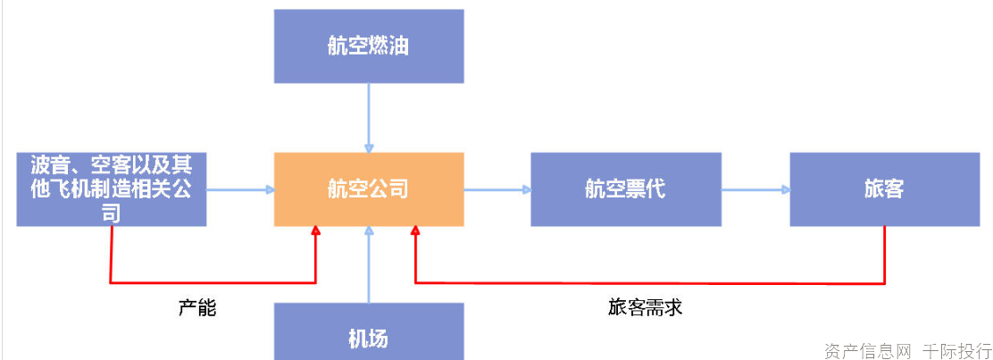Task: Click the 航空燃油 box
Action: [368, 46]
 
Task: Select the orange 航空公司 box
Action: [368, 188]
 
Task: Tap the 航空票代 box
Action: [625, 188]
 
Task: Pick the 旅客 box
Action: [884, 188]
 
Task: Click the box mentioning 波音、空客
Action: [112, 188]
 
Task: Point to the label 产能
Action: [197, 309]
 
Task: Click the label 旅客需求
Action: [645, 308]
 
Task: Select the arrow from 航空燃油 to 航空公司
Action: [368, 116]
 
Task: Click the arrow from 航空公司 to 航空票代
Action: [496, 188]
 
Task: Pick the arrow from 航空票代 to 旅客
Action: [755, 188]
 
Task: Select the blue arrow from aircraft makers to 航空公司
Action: [239, 188]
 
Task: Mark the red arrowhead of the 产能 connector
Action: [315, 231]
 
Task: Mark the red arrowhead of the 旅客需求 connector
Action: [415, 231]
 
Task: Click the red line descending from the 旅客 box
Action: [884, 255]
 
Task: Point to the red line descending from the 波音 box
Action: [111, 255]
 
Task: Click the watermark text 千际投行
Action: [956, 349]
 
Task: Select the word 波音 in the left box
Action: [47, 165]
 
